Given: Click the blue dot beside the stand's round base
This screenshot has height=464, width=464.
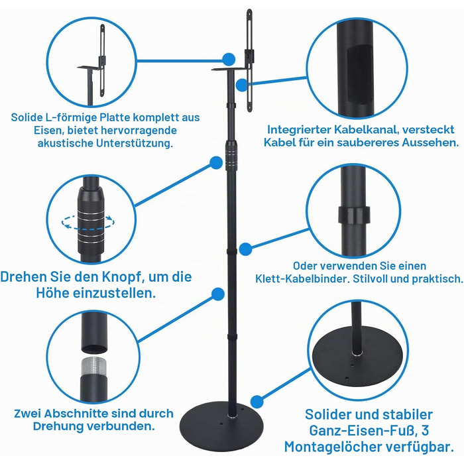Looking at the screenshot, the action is tap(257, 402).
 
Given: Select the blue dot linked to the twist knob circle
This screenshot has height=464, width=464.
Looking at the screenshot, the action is tap(216, 163).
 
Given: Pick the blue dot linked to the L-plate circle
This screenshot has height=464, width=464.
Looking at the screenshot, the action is tap(229, 60).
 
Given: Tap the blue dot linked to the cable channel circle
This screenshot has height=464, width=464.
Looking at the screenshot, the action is tap(242, 85).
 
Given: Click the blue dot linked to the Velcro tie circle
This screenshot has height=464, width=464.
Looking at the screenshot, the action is tap(245, 249).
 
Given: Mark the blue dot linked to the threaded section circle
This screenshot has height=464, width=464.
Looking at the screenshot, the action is tap(218, 294).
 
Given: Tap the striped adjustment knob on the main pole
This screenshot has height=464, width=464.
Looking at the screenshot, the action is tap(231, 155).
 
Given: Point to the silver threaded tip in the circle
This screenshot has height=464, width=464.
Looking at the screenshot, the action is tap(93, 367).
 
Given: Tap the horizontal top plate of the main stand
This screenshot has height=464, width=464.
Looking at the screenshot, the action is tap(229, 70).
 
